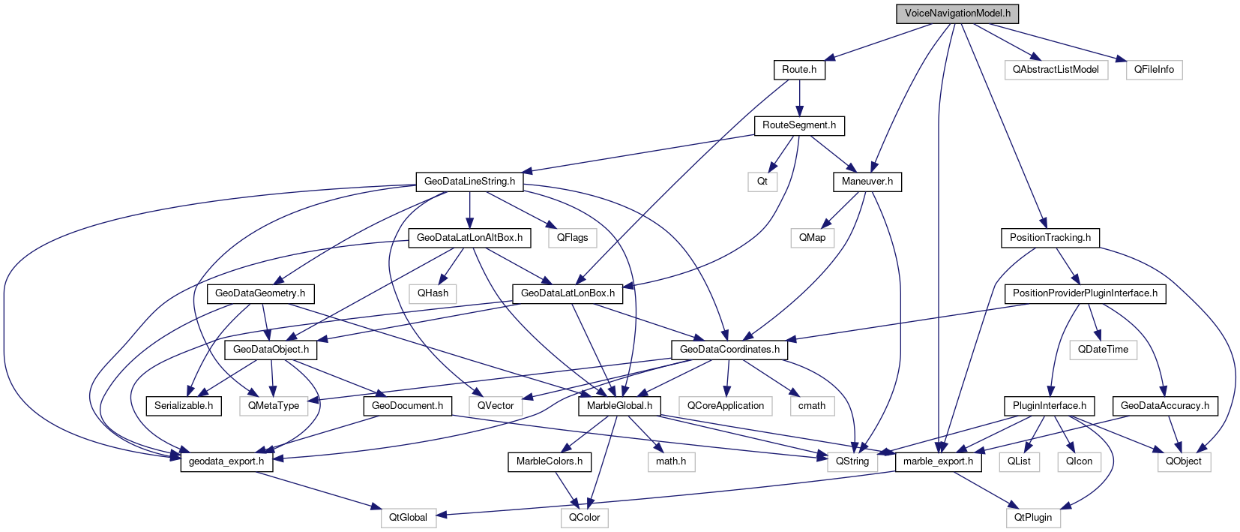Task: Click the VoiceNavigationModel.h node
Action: coord(957,14)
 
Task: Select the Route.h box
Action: coord(799,70)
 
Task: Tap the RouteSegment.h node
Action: coord(799,125)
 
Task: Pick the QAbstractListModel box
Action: coord(1056,70)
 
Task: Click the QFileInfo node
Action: coord(1154,70)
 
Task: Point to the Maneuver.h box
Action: coord(867,182)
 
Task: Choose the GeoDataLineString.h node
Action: coord(469,182)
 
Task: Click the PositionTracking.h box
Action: coord(1050,238)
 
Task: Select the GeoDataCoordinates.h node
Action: coord(729,350)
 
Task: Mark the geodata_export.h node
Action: coord(226,461)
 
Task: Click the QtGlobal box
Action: coord(408,518)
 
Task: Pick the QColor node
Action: coord(584,518)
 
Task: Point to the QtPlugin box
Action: coord(1033,518)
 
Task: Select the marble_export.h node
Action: coord(938,461)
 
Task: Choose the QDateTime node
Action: coord(1103,350)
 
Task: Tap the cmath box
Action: coord(812,406)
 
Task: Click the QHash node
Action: coord(433,293)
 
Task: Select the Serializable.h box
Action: coord(184,406)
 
